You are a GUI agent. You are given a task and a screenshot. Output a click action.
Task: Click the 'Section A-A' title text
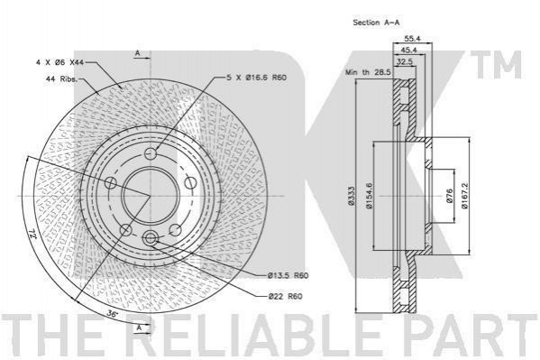[x=376, y=23]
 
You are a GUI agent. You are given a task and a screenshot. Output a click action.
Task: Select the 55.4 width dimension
[x=413, y=39]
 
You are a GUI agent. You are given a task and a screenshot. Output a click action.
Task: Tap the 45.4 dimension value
[x=408, y=50]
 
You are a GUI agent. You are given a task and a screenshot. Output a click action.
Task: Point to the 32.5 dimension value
[x=405, y=61]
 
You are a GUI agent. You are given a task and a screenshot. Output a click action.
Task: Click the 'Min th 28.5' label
[x=368, y=72]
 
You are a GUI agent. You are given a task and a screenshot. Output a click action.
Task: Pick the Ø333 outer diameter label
[x=351, y=196]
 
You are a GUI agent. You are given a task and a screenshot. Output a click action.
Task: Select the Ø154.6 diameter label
[x=370, y=196]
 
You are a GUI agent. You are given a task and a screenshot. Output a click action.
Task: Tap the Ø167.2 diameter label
[x=464, y=195]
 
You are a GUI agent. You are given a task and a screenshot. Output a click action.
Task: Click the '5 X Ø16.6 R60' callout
[x=256, y=78]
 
